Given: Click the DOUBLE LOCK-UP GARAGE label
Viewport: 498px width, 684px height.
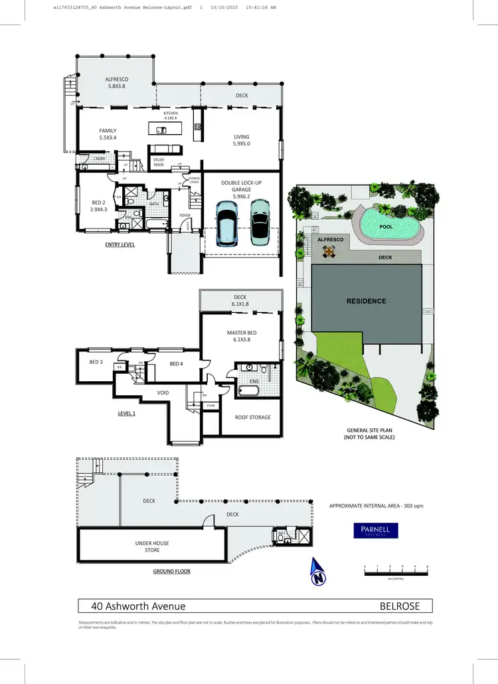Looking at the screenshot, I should [241, 188].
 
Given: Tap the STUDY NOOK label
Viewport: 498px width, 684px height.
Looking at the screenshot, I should [159, 161].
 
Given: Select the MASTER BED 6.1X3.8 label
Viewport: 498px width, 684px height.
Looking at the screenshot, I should [240, 335].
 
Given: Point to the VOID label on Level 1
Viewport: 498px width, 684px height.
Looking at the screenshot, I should [163, 393].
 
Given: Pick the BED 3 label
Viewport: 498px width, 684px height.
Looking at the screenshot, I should [96, 362].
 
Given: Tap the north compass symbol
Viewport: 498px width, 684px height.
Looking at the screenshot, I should [319, 572].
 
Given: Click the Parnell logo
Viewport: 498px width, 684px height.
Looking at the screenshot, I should [375, 531].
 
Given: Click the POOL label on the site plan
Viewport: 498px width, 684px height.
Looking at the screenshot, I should [385, 226].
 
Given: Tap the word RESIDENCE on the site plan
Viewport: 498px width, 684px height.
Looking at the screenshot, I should [366, 301].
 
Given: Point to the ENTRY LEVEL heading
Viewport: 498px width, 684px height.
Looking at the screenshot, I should [120, 244].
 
